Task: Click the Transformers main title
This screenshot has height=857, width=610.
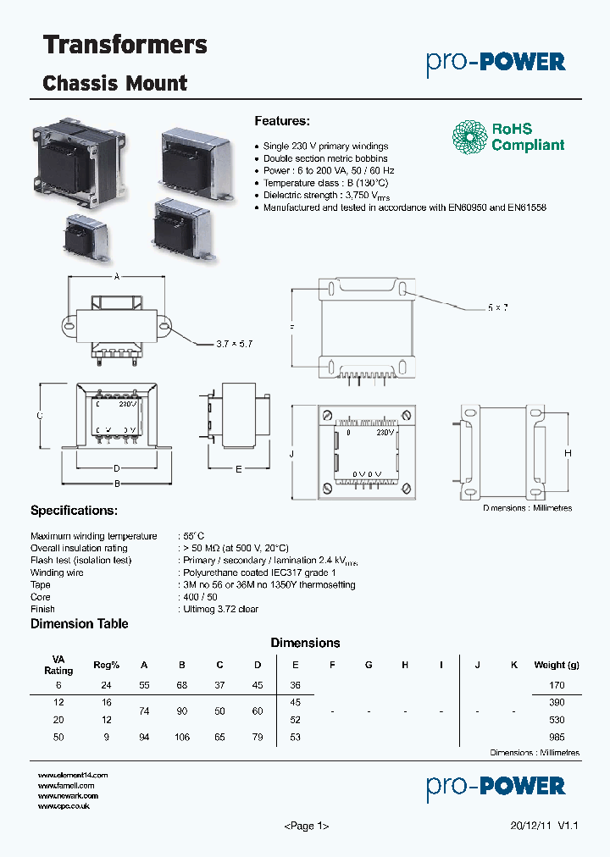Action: [125, 45]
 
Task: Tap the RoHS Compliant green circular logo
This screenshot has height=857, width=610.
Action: [469, 137]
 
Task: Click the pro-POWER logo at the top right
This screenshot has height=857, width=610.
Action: [496, 62]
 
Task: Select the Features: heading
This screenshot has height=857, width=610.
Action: [282, 121]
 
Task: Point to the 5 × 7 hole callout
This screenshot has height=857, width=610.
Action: [498, 307]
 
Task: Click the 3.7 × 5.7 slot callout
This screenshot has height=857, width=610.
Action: [235, 344]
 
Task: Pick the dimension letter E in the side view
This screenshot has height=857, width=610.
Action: [239, 468]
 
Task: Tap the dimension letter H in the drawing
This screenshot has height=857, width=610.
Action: [568, 454]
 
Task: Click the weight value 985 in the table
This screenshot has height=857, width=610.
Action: [556, 738]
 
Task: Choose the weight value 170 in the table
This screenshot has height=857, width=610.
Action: [556, 684]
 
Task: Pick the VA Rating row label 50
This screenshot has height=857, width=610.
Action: [58, 738]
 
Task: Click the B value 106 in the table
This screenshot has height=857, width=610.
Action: [181, 738]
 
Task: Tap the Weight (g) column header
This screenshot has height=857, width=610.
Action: [556, 666]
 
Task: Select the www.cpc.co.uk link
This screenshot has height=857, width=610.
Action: [64, 806]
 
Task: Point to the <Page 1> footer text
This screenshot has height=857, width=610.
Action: [305, 826]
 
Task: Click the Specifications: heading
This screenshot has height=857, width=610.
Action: [74, 511]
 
